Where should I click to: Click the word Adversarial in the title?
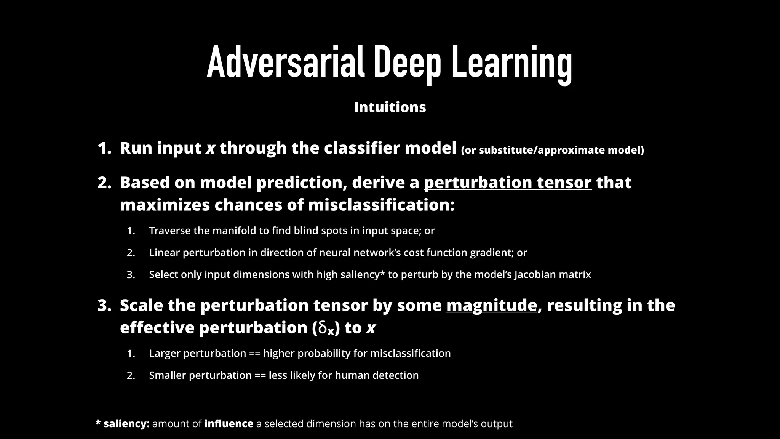286,62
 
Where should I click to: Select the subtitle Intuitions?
390,107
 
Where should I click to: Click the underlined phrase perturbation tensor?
508,183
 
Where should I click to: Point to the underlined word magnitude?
491,305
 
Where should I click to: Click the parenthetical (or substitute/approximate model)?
552,150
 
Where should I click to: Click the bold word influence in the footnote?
229,423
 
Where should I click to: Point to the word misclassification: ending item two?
381,205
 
